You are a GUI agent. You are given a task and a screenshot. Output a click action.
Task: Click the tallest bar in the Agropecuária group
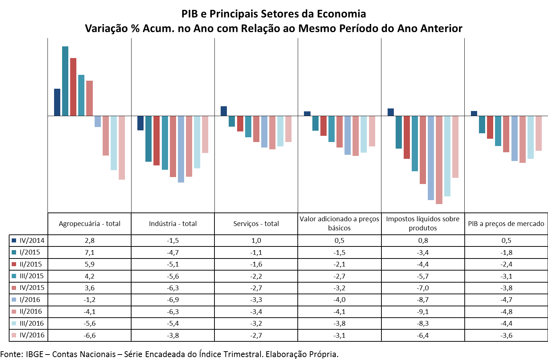65,81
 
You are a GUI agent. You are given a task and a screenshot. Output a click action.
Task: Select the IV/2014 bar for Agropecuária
57,102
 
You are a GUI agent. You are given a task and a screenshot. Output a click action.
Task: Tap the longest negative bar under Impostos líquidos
439,160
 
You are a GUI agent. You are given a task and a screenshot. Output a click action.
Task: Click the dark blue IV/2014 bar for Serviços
224,111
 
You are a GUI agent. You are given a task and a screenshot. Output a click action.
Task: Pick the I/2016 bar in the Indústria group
181,149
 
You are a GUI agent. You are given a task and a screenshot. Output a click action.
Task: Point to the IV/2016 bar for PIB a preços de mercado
539,133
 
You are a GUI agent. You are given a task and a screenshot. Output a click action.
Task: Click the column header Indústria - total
173,224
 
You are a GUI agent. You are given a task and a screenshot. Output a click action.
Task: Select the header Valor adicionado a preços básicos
339,223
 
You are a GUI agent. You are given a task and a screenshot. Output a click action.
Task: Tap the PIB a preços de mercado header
506,224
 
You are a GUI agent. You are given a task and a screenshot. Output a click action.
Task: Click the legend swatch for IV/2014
14,241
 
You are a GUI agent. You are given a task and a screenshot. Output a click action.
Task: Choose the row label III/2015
31,276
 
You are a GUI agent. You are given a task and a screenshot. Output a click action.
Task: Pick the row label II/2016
31,311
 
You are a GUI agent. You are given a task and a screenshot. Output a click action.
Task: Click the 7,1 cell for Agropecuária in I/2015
90,253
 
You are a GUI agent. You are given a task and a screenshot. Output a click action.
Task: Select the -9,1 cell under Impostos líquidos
423,312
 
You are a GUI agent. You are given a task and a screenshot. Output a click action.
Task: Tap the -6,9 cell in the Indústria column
173,300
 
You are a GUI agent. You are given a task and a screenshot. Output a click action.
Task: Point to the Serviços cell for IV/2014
256,241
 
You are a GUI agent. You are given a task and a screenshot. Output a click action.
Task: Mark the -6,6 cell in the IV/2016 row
90,336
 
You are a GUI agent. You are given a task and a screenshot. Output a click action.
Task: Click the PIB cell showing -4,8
506,312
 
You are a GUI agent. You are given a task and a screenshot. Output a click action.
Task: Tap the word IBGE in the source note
34,354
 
